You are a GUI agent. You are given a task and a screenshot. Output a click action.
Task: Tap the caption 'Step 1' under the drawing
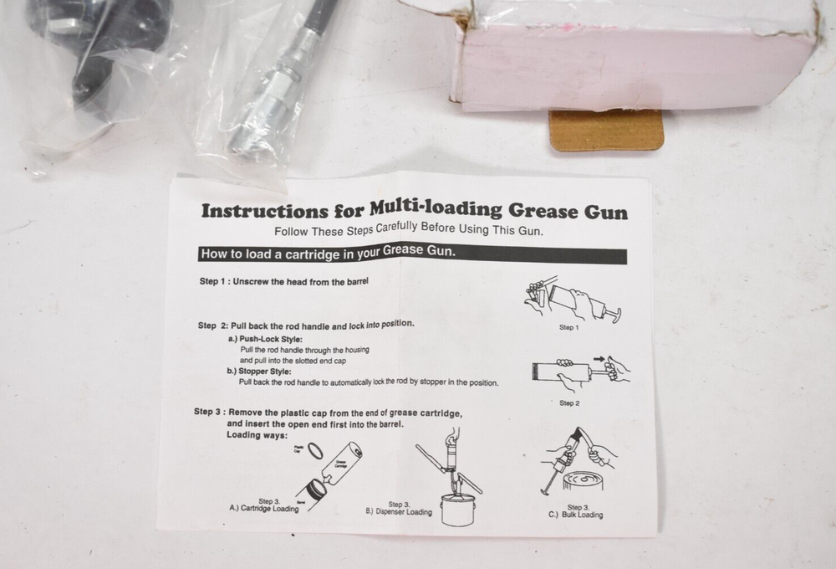click(568, 327)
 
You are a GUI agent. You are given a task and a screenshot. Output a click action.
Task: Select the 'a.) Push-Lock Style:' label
click(264, 339)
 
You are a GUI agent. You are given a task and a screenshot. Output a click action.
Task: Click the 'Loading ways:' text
click(257, 435)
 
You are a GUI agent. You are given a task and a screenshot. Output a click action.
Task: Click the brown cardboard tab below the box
click(606, 131)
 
